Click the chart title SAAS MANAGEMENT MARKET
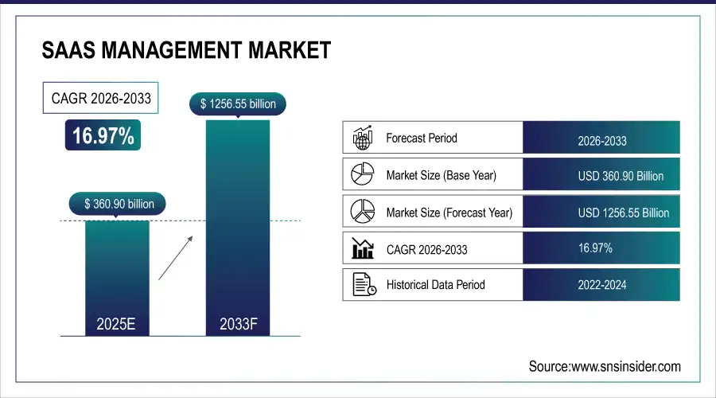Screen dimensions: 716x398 click(186, 50)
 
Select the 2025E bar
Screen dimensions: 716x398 click(117, 279)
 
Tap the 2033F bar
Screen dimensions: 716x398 click(238, 228)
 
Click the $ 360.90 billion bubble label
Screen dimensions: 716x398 click(118, 204)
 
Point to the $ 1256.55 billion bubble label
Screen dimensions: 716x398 click(238, 104)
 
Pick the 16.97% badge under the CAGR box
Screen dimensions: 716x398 click(103, 135)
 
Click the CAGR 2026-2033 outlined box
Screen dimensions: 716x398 click(100, 98)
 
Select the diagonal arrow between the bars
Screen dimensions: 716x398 click(175, 258)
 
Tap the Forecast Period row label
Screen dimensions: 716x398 click(422, 138)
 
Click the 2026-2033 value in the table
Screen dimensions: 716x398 click(602, 141)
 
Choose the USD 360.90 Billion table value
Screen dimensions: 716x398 click(621, 176)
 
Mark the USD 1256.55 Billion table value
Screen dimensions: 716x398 click(623, 213)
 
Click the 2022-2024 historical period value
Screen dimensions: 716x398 click(602, 285)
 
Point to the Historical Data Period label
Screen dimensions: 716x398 click(436, 285)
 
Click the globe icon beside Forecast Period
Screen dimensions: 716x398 click(363, 138)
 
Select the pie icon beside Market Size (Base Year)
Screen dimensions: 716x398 click(362, 174)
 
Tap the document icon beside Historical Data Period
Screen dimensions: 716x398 click(364, 284)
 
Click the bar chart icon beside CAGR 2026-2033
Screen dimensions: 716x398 click(363, 248)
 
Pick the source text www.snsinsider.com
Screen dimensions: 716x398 click(625, 366)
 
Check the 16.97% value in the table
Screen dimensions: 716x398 click(595, 248)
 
